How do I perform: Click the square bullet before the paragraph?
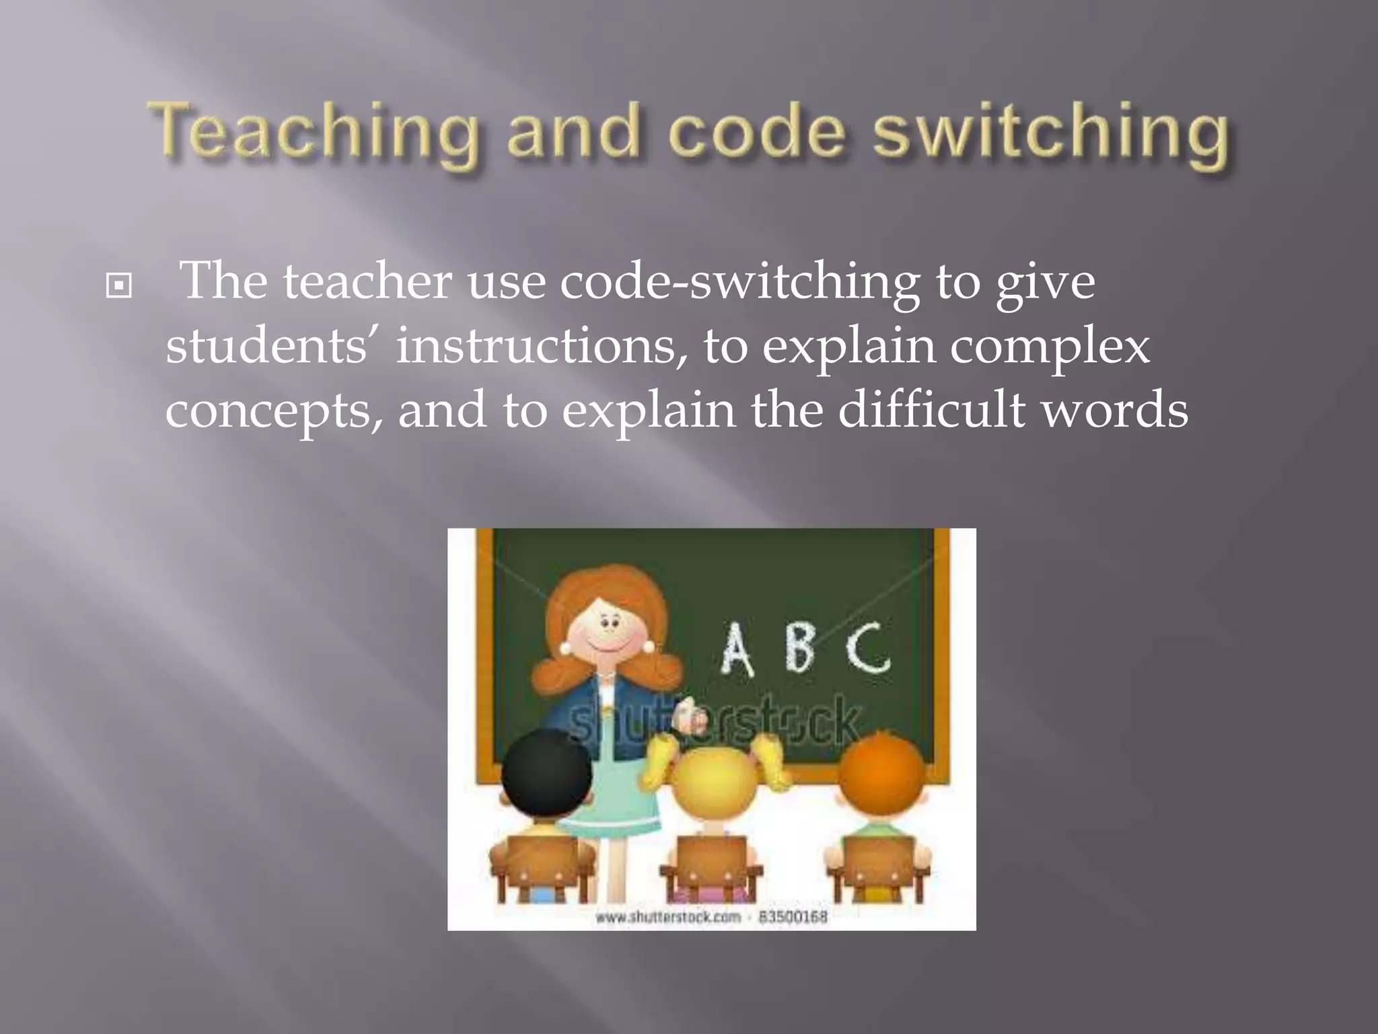click(119, 286)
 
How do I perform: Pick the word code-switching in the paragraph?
click(739, 283)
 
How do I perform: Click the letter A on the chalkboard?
click(737, 649)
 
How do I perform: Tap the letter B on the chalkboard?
click(799, 648)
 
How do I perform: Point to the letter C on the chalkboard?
click(868, 648)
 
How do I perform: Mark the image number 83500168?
click(793, 917)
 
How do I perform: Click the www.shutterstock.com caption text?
click(667, 917)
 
